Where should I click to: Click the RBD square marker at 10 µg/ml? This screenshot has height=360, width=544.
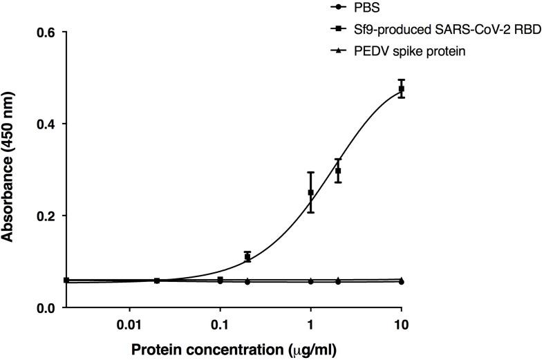(402, 88)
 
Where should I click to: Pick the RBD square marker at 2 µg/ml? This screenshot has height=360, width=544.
(338, 171)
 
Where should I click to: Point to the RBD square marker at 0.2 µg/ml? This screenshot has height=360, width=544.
(247, 257)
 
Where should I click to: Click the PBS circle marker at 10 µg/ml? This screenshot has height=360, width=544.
(402, 282)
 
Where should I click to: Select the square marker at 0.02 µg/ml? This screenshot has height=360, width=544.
(157, 281)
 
